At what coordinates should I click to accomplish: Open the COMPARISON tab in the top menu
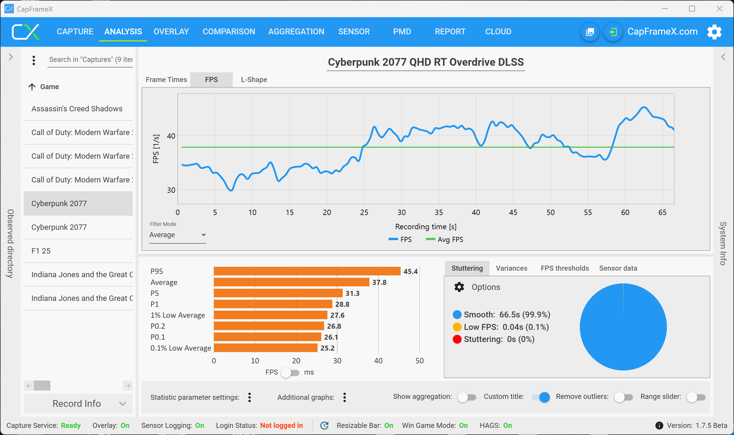(x=229, y=32)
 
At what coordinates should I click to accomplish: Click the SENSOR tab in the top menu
(x=354, y=32)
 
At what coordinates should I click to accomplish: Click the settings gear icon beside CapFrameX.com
(x=714, y=32)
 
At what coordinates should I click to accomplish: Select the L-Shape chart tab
(x=254, y=80)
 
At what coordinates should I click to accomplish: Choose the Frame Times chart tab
(x=166, y=80)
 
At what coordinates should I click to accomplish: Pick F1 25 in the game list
(x=41, y=251)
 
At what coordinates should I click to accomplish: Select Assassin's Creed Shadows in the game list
(x=77, y=109)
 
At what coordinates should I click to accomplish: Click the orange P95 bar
(x=307, y=271)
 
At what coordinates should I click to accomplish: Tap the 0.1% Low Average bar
(x=265, y=348)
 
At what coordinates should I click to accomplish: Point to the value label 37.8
(x=379, y=282)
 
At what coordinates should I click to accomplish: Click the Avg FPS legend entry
(x=445, y=240)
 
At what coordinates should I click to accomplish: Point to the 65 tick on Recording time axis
(x=662, y=212)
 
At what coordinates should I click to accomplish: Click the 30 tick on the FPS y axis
(x=171, y=190)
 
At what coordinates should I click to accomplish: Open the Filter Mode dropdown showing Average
(x=177, y=235)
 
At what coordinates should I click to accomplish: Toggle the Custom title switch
(x=541, y=397)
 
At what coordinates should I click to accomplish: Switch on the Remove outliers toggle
(x=623, y=397)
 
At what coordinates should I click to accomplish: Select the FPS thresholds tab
(x=565, y=268)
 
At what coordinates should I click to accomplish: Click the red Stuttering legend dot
(x=457, y=339)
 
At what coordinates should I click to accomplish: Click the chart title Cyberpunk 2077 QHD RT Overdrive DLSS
(x=426, y=62)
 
